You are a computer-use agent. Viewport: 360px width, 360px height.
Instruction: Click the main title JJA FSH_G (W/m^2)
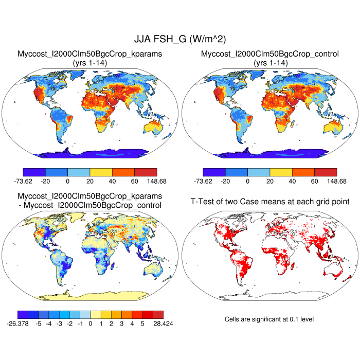coord(180,39)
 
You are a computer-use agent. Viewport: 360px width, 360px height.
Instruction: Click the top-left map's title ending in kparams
coord(90,54)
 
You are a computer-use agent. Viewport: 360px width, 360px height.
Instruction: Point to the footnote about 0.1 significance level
coord(269,319)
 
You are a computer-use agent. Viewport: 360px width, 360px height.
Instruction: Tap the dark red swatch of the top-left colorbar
coord(146,172)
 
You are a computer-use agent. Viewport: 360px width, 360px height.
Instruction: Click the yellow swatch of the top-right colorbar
coord(281,172)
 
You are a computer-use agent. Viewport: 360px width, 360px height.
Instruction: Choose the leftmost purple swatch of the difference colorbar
coord(23,314)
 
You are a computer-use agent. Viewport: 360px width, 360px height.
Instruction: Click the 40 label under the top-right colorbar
coord(292,182)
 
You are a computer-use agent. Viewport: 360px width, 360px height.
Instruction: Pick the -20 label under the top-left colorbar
coord(45,182)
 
